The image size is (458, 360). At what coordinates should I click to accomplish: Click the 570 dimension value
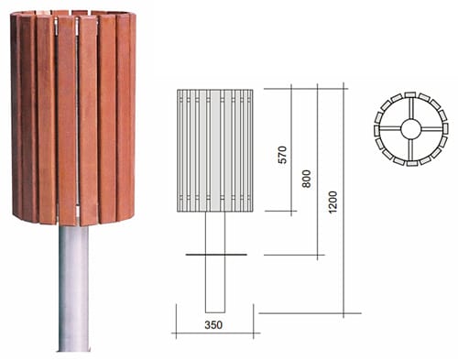coord(283,155)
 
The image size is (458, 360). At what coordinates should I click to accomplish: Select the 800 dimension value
coord(306,179)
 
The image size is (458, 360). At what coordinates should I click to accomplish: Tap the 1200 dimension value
coord(333,202)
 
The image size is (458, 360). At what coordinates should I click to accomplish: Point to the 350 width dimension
coord(213,325)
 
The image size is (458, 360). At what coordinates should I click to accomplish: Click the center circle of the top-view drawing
coord(410,129)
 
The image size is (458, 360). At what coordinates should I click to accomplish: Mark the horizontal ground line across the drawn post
coord(216,255)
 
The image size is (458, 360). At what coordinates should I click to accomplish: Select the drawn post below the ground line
coord(215,284)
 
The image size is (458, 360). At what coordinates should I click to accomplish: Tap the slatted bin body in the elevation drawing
coord(215,150)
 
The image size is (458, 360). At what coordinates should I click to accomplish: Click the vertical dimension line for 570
coord(291,150)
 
